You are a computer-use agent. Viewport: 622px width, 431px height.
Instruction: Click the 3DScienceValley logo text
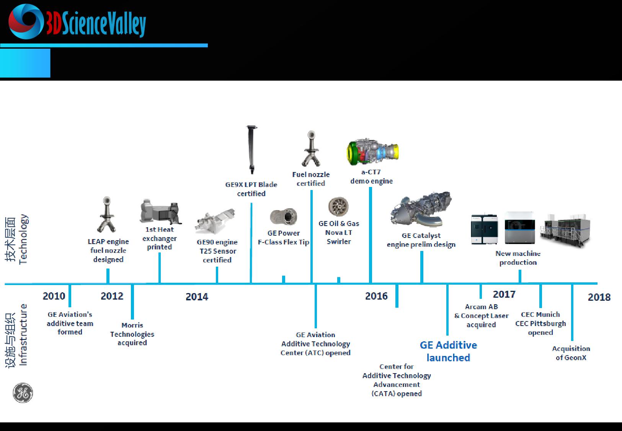(x=96, y=23)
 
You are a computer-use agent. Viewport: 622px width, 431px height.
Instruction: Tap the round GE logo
(x=23, y=393)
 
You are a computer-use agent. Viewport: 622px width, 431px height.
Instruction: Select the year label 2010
(x=54, y=296)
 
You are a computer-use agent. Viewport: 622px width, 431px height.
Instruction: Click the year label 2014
(x=197, y=297)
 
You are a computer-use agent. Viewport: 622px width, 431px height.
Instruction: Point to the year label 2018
(x=599, y=297)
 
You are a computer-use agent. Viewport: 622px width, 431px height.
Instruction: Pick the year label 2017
(x=504, y=294)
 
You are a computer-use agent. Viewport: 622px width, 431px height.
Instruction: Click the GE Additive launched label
(x=448, y=351)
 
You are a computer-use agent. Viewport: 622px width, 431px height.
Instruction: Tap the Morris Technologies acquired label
(x=132, y=334)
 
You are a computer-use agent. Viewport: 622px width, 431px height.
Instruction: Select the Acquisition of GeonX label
(x=571, y=353)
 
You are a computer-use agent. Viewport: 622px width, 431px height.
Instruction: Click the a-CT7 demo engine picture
(x=372, y=152)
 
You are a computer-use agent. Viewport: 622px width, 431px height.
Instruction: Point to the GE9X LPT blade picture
(x=251, y=149)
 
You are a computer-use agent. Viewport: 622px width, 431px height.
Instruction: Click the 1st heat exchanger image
(x=160, y=211)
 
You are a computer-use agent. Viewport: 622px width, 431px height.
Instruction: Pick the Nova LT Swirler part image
(x=338, y=206)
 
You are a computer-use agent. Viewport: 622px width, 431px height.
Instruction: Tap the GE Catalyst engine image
(x=421, y=209)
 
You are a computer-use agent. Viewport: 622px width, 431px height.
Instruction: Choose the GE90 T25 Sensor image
(x=215, y=221)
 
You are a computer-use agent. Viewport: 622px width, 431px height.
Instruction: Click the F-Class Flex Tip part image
(x=284, y=216)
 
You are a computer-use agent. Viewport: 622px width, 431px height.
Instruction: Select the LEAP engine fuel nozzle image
(x=107, y=215)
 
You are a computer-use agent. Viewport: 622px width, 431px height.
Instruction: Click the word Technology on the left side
(x=23, y=239)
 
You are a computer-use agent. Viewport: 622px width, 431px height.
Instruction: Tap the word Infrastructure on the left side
(x=23, y=335)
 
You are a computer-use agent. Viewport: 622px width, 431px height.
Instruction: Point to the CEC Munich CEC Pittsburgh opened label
(x=540, y=323)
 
